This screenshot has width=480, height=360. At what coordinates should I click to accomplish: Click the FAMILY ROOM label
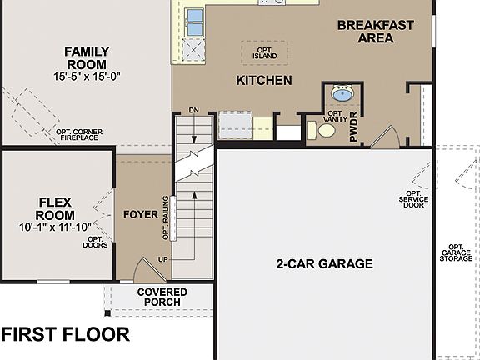click(x=87, y=58)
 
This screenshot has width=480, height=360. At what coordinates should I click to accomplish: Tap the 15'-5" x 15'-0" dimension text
click(x=87, y=77)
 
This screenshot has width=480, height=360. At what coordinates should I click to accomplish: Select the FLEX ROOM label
click(x=57, y=208)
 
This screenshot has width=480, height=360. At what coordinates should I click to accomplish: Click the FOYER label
click(x=141, y=214)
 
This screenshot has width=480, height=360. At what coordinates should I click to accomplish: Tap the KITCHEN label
click(x=264, y=81)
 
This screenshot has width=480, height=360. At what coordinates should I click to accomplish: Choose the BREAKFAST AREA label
click(x=375, y=32)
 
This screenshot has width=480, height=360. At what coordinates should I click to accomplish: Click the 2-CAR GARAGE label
click(x=324, y=264)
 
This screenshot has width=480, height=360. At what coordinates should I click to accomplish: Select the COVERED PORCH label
click(x=162, y=298)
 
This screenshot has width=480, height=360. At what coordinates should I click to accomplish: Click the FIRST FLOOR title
click(x=65, y=335)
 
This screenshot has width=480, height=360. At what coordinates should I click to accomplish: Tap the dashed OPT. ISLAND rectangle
click(x=264, y=52)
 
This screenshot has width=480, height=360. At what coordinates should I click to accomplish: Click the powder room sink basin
click(x=342, y=93)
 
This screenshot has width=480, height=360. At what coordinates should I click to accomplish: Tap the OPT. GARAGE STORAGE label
click(x=456, y=252)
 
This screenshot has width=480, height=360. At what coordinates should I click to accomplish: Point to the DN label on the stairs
click(x=194, y=110)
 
